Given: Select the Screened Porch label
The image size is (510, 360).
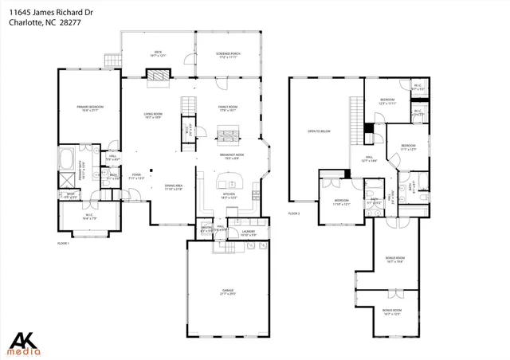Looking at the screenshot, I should (x=227, y=55).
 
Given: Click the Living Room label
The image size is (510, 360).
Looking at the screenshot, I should (x=154, y=116).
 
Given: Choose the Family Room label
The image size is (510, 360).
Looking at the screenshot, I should (x=229, y=108).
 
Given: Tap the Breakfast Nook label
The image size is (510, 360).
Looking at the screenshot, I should (x=233, y=157).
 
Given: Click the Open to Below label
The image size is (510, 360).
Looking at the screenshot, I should (x=319, y=132).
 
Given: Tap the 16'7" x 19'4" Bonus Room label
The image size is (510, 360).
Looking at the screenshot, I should (x=394, y=260).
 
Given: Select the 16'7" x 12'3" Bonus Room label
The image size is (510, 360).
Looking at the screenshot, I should (x=391, y=312).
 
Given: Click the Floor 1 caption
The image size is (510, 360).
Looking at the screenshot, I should (x=63, y=242).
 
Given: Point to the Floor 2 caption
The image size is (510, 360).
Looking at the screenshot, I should (x=294, y=213).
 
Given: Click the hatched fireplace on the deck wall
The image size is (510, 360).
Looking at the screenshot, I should (x=156, y=73).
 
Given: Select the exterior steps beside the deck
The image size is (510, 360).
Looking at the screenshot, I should (x=111, y=59).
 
